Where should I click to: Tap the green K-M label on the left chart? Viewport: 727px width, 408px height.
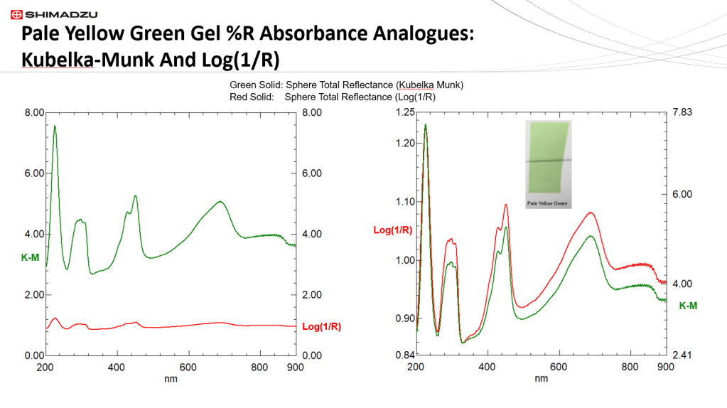click(x=31, y=257)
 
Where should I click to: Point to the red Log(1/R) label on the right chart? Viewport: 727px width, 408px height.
click(x=393, y=229)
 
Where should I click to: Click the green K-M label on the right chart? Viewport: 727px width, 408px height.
click(x=688, y=305)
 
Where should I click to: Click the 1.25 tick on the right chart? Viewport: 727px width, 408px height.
click(x=404, y=112)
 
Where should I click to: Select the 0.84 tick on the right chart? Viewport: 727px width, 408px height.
click(x=404, y=355)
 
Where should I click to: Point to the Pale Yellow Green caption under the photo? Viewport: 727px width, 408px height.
click(x=547, y=204)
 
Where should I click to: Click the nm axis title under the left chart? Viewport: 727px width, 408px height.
click(x=171, y=379)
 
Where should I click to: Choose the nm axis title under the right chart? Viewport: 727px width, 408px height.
click(x=541, y=379)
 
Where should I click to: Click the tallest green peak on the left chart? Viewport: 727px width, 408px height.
click(x=55, y=127)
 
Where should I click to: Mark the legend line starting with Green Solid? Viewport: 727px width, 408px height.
click(x=346, y=85)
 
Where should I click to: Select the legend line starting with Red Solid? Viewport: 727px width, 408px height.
click(x=333, y=97)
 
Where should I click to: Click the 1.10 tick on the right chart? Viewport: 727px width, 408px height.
click(x=404, y=202)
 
